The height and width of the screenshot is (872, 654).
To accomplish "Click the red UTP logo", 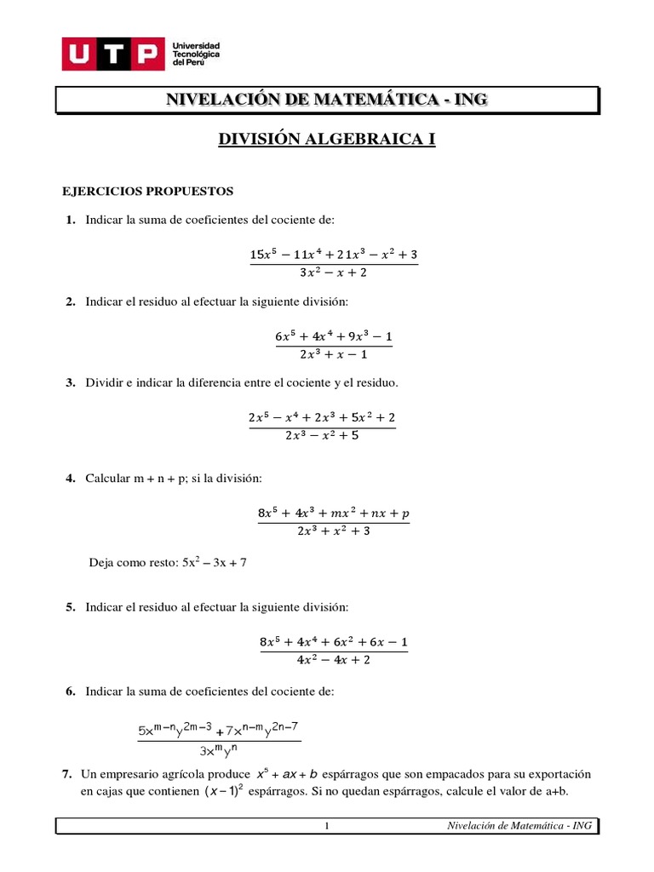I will click(x=112, y=54).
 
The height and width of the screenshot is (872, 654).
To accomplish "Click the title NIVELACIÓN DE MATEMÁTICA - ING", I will click(x=327, y=100).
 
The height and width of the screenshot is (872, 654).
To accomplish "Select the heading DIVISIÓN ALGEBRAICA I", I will click(x=327, y=140).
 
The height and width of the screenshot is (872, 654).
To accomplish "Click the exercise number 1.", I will click(x=69, y=221).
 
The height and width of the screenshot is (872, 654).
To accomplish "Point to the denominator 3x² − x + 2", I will click(x=334, y=272).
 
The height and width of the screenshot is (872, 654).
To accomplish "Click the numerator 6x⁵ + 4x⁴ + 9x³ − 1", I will click(x=334, y=336).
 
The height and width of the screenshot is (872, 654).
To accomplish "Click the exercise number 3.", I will click(x=69, y=382).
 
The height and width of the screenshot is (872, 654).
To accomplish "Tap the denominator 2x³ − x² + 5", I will click(x=322, y=434).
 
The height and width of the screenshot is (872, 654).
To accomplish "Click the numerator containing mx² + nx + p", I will click(x=334, y=513).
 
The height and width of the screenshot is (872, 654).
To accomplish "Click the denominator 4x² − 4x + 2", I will click(x=334, y=658).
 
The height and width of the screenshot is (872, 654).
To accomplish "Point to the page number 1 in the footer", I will click(x=326, y=826).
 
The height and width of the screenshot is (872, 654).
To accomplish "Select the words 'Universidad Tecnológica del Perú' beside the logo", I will click(x=197, y=54).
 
